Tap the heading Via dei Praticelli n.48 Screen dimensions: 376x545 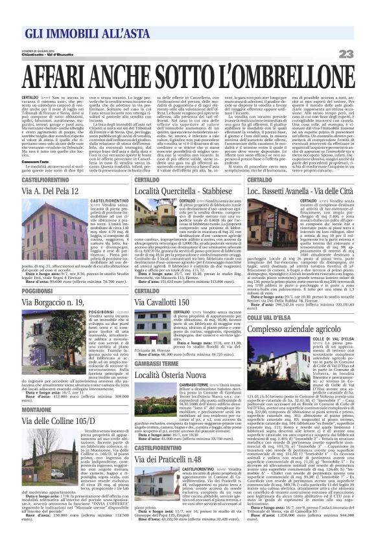pos(172,459)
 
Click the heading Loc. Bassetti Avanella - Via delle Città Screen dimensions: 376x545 pos(301,192)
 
